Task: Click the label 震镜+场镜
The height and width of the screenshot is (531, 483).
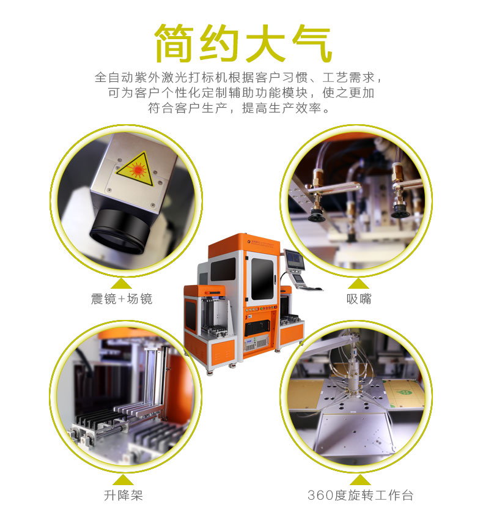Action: (x=122, y=299)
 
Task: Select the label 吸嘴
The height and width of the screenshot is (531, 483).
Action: (x=359, y=299)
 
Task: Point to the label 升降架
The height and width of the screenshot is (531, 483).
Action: (x=123, y=495)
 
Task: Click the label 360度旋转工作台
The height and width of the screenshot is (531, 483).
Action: (x=361, y=495)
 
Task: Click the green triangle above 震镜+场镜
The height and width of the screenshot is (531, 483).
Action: (x=122, y=283)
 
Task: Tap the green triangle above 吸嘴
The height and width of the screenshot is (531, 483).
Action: (x=359, y=283)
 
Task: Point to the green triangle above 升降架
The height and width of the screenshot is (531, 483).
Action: (x=123, y=479)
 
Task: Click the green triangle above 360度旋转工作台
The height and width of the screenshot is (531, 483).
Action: (x=360, y=479)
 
